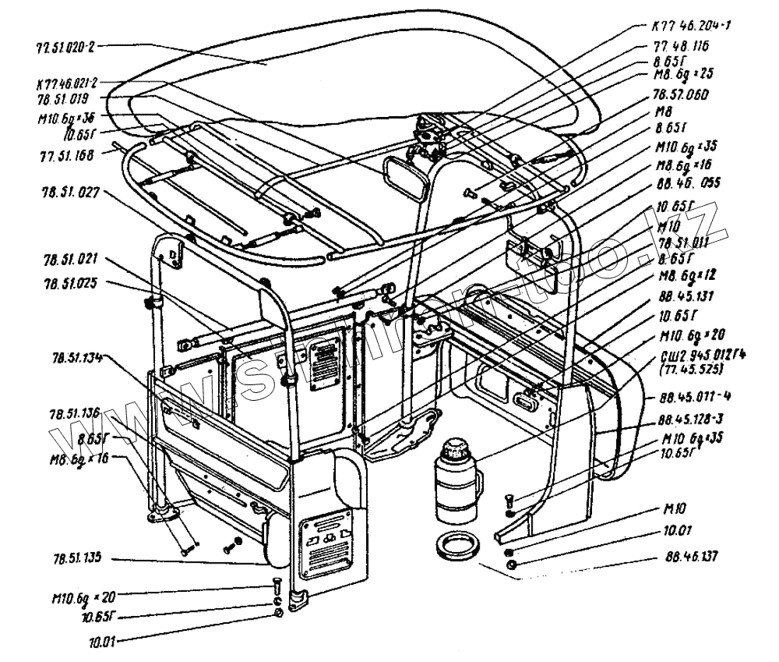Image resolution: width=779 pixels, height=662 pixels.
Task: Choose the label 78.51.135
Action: [x=77, y=558]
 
